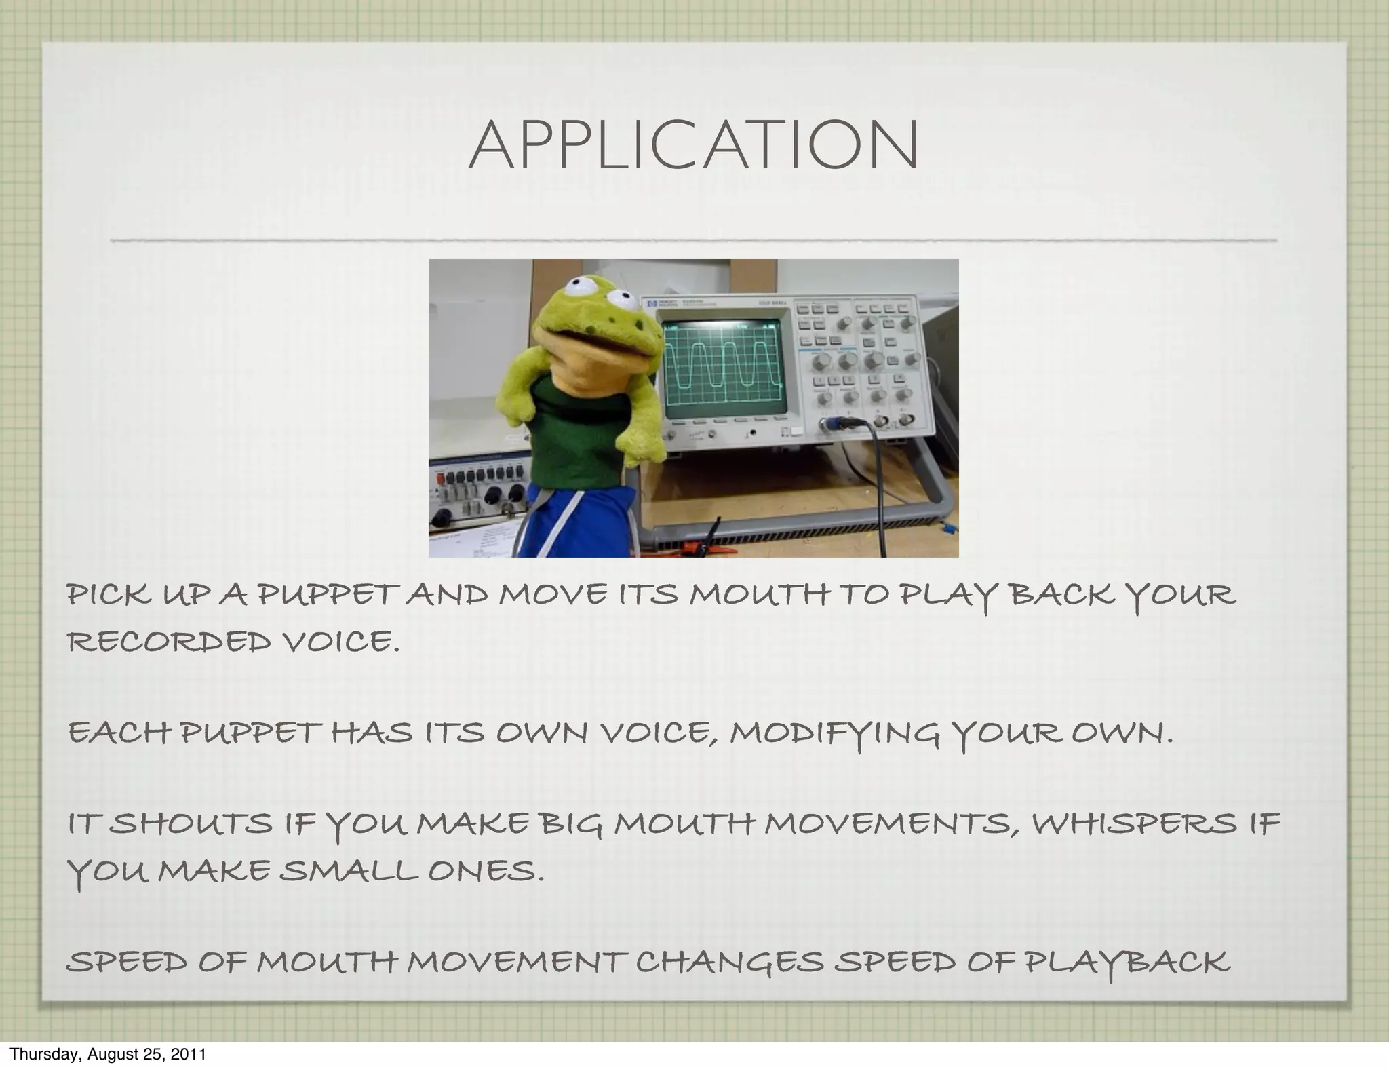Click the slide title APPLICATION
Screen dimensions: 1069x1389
693,146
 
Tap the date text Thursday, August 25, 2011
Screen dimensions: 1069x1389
108,1054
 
